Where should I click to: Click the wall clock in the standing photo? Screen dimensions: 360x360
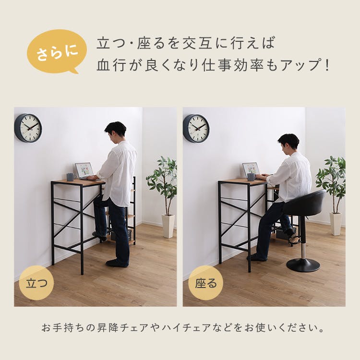click(x=28, y=128)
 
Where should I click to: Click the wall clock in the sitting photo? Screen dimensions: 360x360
click(x=196, y=128)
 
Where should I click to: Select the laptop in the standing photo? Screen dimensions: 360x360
click(x=84, y=170)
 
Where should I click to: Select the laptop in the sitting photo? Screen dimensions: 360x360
click(x=251, y=169)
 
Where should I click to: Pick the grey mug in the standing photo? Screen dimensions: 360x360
click(x=70, y=177)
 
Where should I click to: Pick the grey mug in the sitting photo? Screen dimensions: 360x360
click(x=251, y=177)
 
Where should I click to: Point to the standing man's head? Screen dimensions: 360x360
click(x=116, y=130)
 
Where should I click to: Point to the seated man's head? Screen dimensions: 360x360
click(x=288, y=142)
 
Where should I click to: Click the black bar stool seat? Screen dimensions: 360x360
click(x=305, y=203)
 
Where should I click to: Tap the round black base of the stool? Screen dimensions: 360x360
click(x=303, y=265)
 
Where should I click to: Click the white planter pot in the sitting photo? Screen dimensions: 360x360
click(x=336, y=224)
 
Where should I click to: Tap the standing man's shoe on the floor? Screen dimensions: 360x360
click(x=117, y=263)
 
